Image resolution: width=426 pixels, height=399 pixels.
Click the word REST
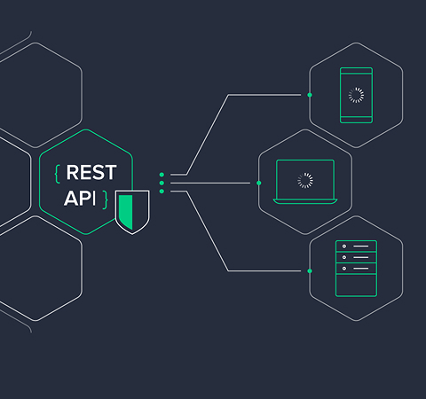pyautogui.click(x=91, y=172)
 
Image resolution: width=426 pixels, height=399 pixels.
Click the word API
pyautogui.click(x=80, y=198)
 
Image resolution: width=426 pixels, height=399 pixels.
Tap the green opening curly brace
pyautogui.click(x=58, y=174)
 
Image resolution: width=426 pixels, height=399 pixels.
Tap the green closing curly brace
pyautogui.click(x=105, y=199)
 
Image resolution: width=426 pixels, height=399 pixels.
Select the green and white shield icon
pyautogui.click(x=132, y=212)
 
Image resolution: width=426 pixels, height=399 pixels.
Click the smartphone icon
pyautogui.click(x=356, y=95)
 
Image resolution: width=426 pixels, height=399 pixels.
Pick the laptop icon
pyautogui.click(x=305, y=182)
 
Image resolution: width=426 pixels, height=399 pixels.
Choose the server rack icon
pyautogui.click(x=356, y=269)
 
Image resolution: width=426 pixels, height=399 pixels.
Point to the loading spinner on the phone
pyautogui.click(x=356, y=95)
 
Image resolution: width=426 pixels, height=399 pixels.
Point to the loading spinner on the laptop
pyautogui.click(x=305, y=180)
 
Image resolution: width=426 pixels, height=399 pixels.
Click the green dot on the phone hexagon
pyautogui.click(x=310, y=95)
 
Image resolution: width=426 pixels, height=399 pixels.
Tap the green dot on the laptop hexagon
pyautogui.click(x=259, y=183)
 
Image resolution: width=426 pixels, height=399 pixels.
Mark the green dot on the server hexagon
pyautogui.click(x=310, y=270)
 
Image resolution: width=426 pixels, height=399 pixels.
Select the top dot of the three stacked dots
pyautogui.click(x=162, y=175)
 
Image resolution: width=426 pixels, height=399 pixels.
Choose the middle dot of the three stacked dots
pyautogui.click(x=162, y=183)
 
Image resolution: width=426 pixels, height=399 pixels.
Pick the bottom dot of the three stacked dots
pyautogui.click(x=162, y=192)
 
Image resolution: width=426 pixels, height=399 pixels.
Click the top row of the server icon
pyautogui.click(x=356, y=246)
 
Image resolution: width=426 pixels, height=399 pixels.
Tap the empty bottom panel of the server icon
pyautogui.click(x=356, y=285)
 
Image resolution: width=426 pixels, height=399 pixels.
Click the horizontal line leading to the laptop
pyautogui.click(x=210, y=183)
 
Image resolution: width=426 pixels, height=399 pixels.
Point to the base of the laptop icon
pyautogui.click(x=305, y=201)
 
